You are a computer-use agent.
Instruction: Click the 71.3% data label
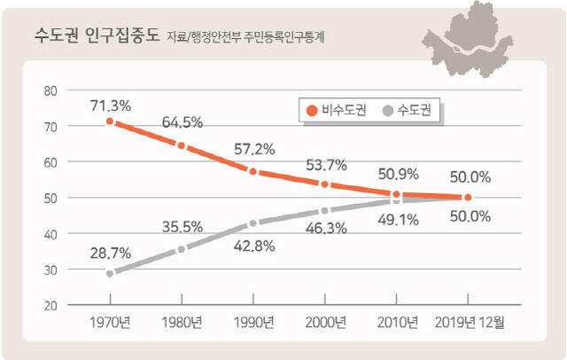tap(111, 106)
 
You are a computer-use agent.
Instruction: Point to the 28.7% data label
tap(111, 254)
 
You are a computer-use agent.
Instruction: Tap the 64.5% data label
tap(182, 122)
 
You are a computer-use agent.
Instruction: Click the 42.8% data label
tap(254, 246)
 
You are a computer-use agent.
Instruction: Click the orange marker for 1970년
tap(110, 121)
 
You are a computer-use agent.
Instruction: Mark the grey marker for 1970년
tap(110, 273)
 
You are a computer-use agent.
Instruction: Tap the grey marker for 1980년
tap(182, 249)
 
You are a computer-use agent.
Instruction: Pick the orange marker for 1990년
tap(253, 171)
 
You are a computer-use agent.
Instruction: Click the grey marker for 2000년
tap(325, 210)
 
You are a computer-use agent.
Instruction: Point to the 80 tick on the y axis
tap(50, 90)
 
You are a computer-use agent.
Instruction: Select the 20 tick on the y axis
tap(50, 305)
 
